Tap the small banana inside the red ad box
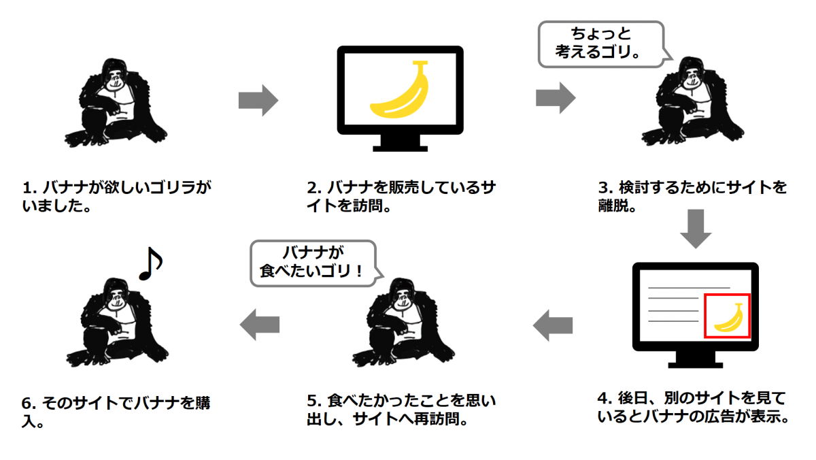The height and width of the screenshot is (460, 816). tap(728, 317)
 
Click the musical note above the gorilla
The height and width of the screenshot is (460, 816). tap(150, 263)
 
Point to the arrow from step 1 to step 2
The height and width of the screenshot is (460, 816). tap(258, 101)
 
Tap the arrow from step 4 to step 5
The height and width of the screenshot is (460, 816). tap(552, 326)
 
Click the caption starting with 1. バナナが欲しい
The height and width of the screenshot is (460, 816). tap(117, 195)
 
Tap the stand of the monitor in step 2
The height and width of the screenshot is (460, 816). tap(401, 144)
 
